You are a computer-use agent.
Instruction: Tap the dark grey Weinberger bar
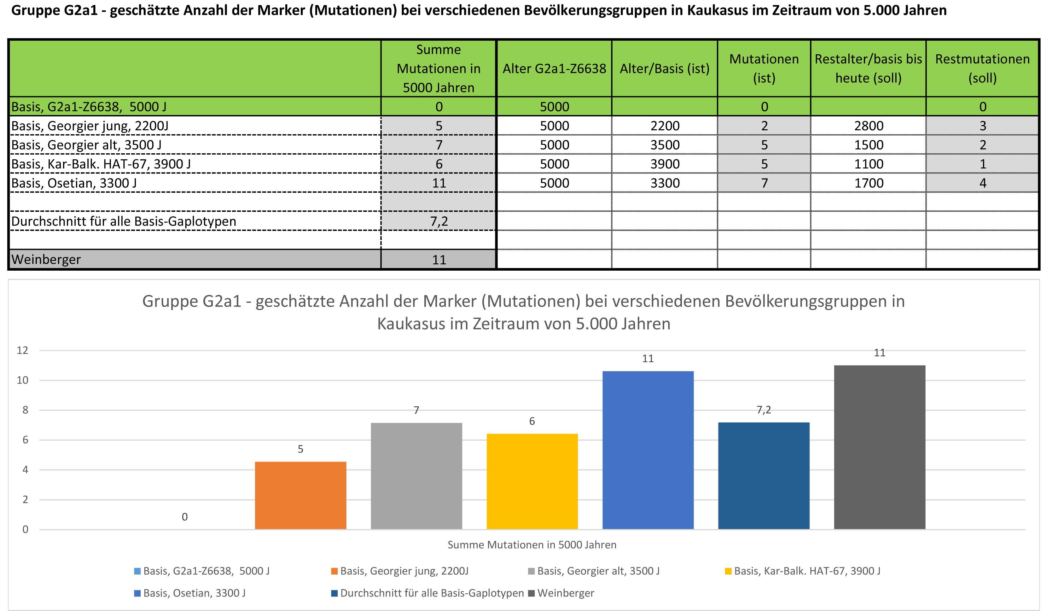pos(879,447)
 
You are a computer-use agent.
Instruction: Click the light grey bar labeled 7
pos(416,476)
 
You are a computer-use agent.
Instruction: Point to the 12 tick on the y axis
pos(23,350)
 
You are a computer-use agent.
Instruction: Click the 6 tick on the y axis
pos(25,440)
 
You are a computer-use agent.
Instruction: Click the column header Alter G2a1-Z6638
pos(554,68)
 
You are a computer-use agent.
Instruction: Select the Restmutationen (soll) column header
pos(982,68)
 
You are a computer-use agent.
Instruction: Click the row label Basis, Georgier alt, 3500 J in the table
pos(86,145)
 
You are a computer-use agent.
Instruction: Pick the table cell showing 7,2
pos(439,221)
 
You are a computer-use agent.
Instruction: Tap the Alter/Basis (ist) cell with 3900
pos(665,164)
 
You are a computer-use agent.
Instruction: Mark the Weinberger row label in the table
pos(46,259)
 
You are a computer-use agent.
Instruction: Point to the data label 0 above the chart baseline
pos(184,517)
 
